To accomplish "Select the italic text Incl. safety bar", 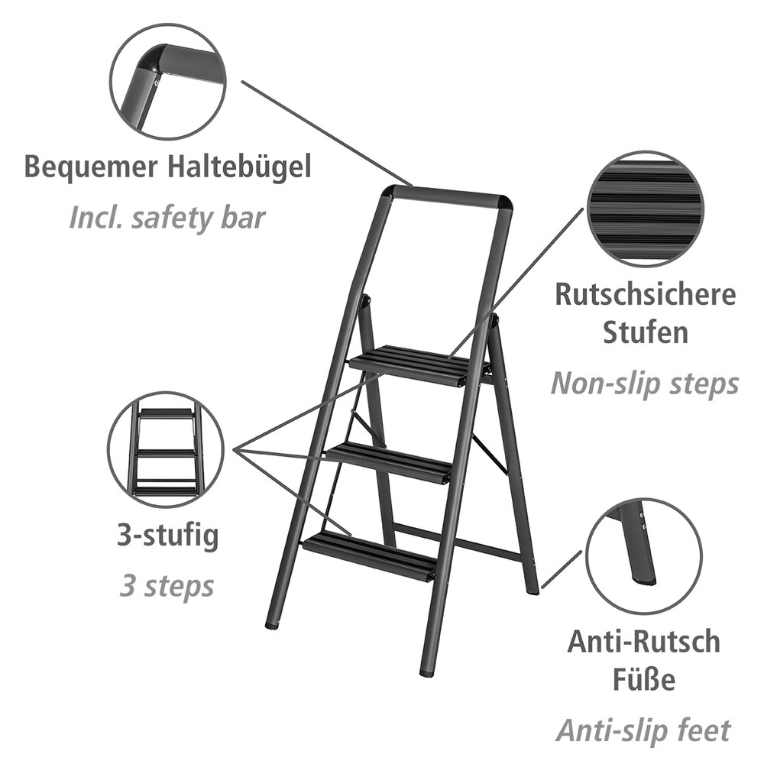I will [167, 217].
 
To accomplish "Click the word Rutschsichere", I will [645, 295].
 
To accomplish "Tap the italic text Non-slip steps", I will [645, 382].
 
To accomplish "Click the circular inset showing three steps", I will [166, 451].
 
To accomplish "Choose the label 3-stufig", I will [166, 535].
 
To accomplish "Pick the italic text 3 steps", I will [166, 586].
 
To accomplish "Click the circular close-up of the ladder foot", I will [646, 556].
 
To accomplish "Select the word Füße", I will [643, 679].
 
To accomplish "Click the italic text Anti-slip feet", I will [643, 730].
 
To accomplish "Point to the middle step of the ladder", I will [390, 461].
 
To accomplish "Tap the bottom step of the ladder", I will [371, 555].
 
